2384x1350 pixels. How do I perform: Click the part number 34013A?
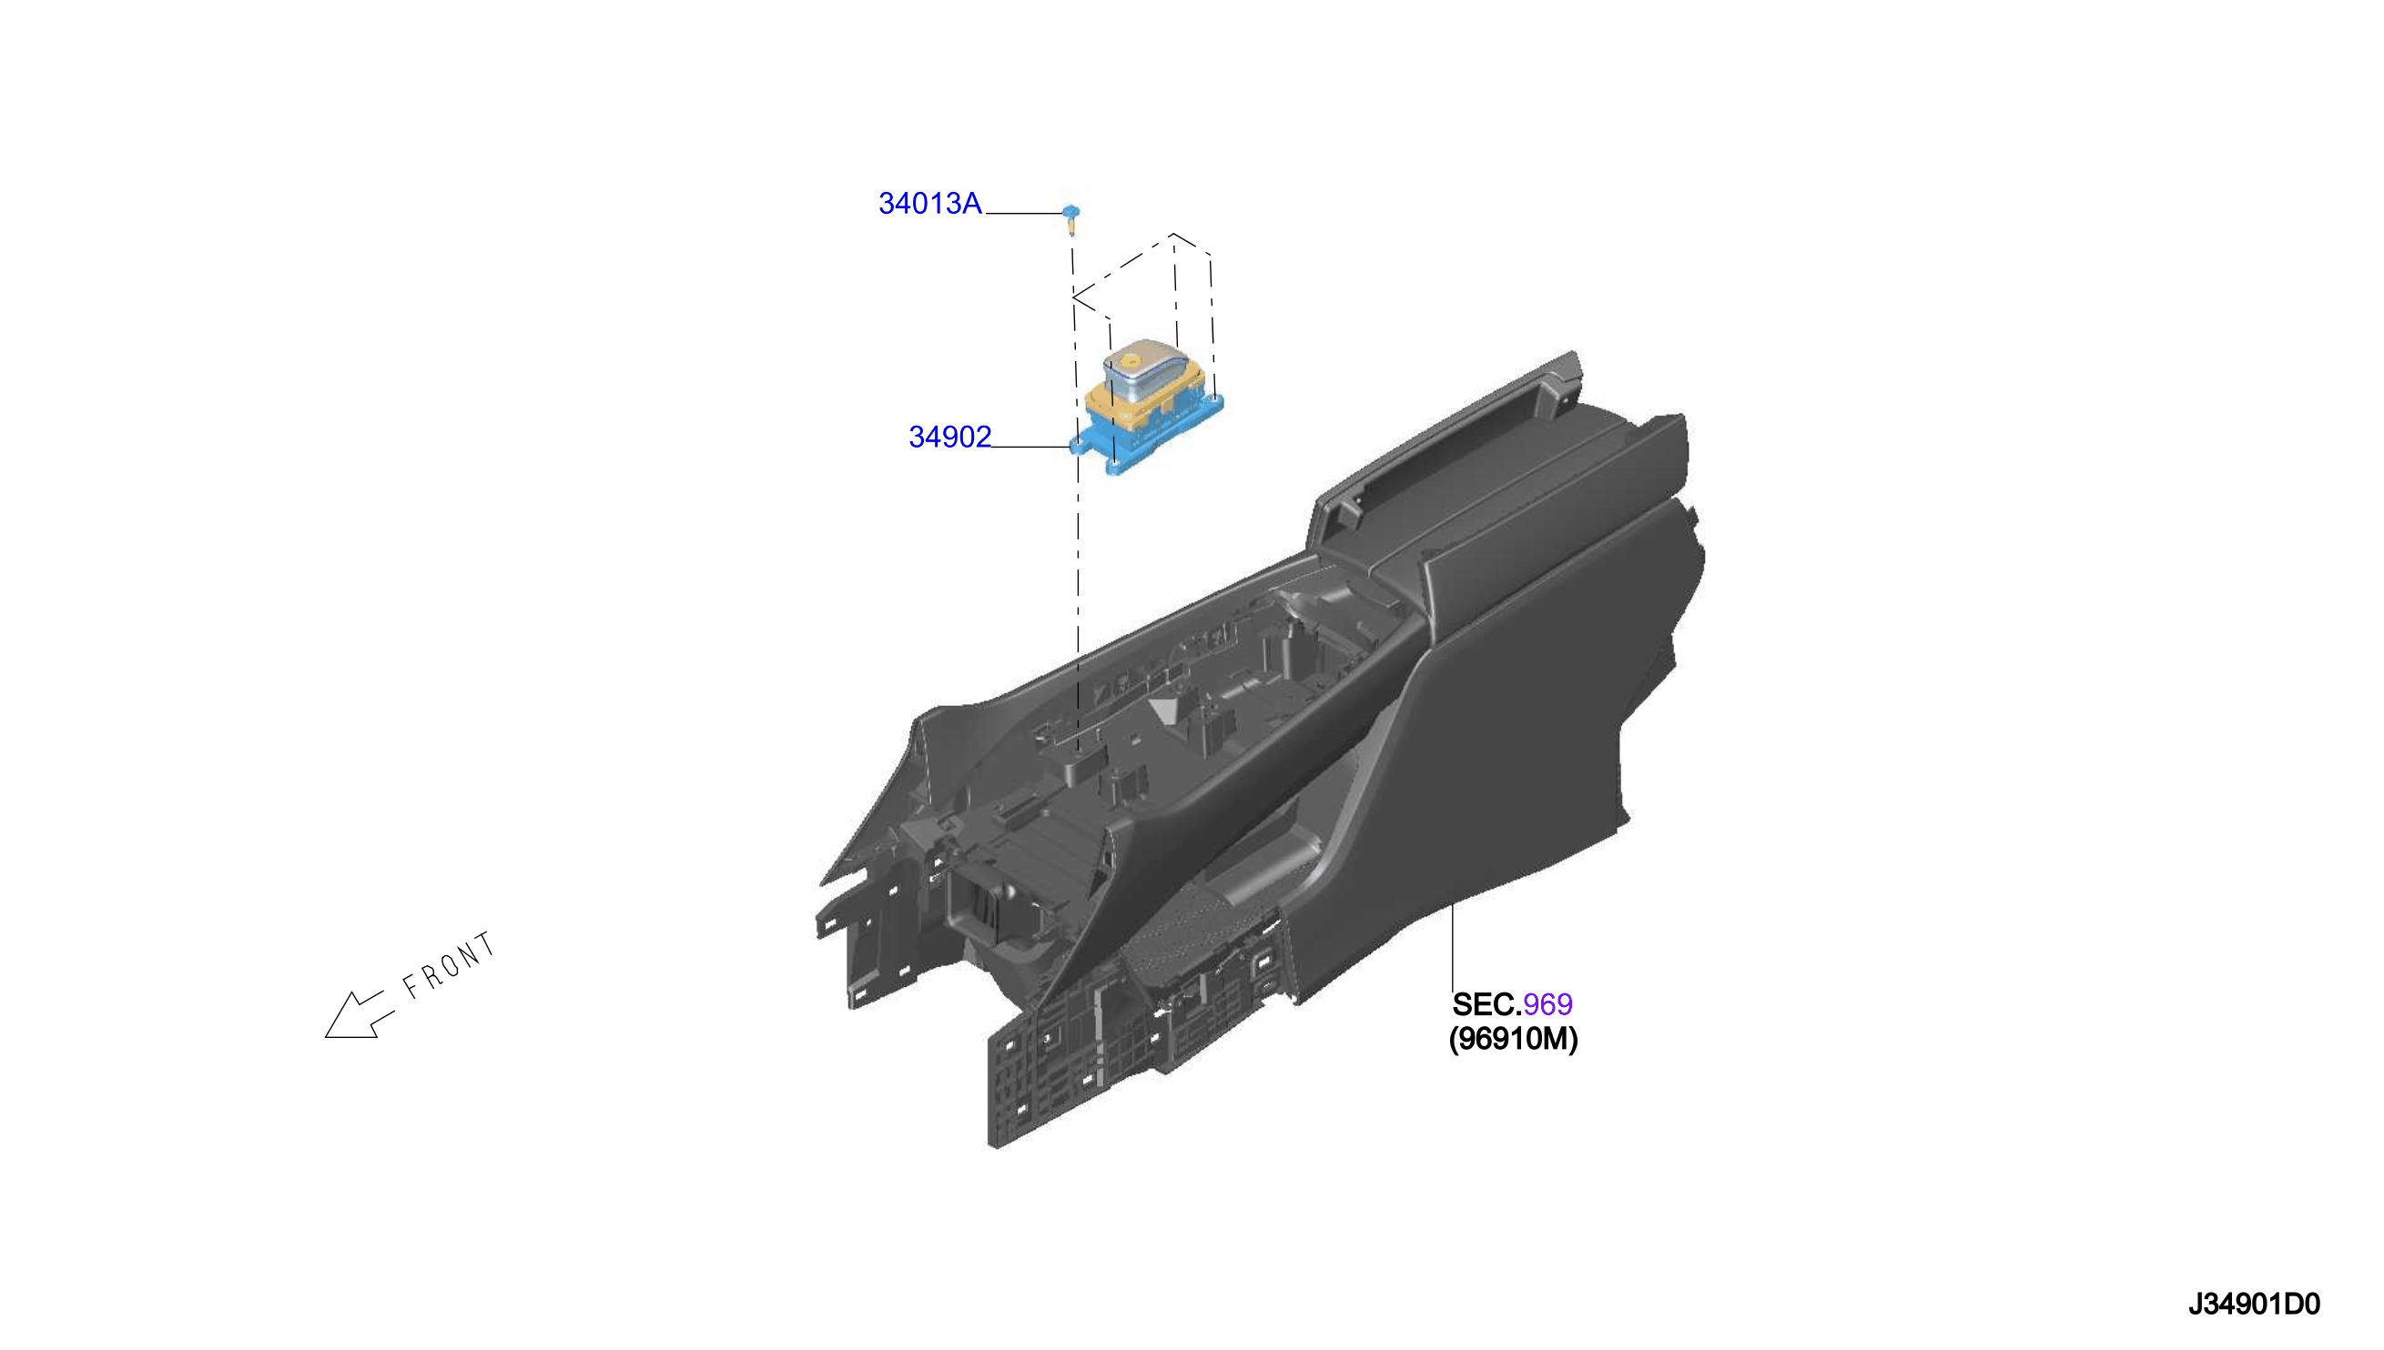(929, 204)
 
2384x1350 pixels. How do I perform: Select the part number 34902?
(950, 437)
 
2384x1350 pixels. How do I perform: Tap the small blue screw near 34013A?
(1070, 219)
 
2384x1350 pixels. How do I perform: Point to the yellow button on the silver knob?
(1132, 359)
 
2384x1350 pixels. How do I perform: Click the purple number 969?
(1547, 1004)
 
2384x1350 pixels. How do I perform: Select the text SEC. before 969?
(1486, 1004)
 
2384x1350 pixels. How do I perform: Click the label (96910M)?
(1513, 1039)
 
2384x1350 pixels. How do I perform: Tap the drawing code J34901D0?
(2254, 1304)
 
